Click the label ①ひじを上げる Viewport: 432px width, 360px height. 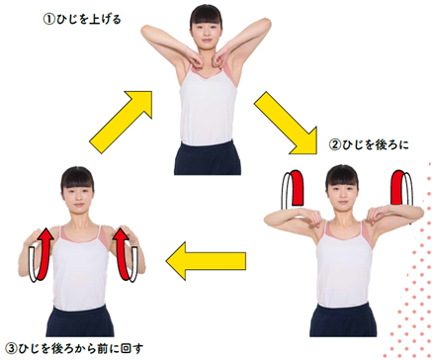[82, 20]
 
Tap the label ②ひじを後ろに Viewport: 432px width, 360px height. [369, 144]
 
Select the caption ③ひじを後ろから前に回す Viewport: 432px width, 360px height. [74, 348]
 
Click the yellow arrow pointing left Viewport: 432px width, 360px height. [206, 261]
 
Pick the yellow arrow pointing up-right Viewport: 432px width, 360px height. [121, 122]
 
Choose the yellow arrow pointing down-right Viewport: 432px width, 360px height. [286, 124]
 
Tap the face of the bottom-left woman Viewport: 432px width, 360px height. [78, 196]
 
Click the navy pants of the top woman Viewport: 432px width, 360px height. [208, 157]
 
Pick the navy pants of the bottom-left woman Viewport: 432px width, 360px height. [80, 320]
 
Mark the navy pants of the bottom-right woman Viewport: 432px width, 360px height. [343, 319]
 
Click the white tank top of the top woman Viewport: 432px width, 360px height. [208, 106]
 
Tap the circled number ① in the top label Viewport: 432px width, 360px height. [48, 20]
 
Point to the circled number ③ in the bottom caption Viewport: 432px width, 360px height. [11, 348]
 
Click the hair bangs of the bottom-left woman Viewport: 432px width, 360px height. [78, 181]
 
